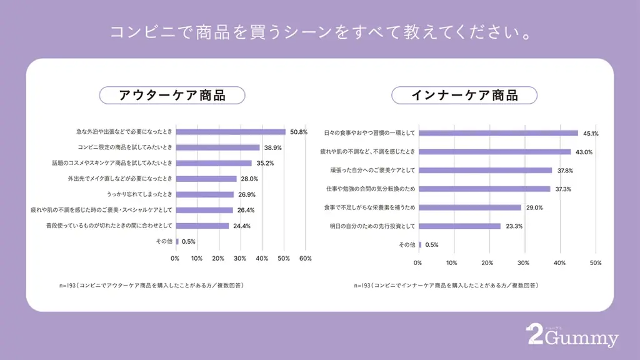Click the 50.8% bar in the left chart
[x=231, y=132]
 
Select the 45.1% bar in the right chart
[x=498, y=133]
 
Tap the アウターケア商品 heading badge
[x=172, y=95]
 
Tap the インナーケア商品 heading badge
[x=464, y=95]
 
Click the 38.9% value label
[x=272, y=147]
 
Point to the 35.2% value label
[x=264, y=163]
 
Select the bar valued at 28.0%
[x=206, y=179]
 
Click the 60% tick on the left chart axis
[x=305, y=258]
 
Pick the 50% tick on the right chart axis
[x=596, y=263]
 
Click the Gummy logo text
[x=581, y=339]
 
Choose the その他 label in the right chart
[x=406, y=245]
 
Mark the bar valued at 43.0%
[x=494, y=152]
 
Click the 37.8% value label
[x=565, y=171]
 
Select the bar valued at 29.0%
[x=469, y=207]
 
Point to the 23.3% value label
[x=513, y=226]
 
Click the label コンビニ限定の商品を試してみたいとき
[x=125, y=147]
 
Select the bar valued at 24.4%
[x=202, y=226]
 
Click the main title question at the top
[x=320, y=32]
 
